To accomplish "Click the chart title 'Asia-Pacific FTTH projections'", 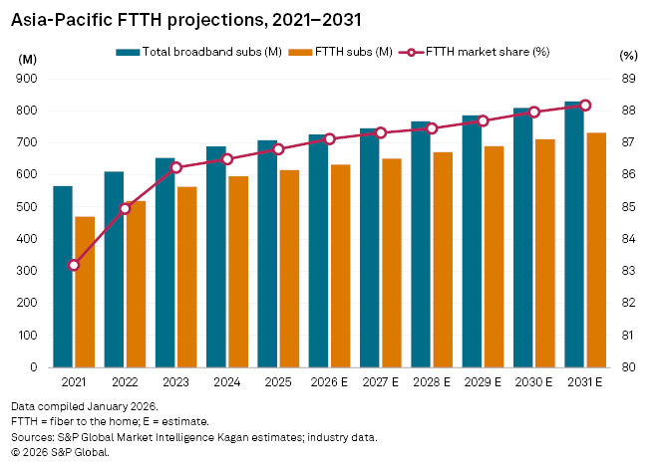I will coord(179,19).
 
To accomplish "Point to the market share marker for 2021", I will coord(74,265).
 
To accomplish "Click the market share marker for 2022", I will coord(125,208).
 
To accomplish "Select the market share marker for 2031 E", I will coord(585,105).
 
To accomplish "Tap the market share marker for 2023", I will coord(176,167).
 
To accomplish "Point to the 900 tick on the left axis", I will coord(28,79).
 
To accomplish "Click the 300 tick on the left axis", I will coord(28,271).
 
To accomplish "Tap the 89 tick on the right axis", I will coord(627,79).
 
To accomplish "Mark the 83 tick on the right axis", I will coord(627,271).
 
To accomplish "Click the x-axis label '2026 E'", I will coord(328,381).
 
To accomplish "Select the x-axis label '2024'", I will coord(226,381).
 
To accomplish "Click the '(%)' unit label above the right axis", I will coord(627,58).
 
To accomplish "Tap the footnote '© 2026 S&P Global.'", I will coord(60,451).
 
